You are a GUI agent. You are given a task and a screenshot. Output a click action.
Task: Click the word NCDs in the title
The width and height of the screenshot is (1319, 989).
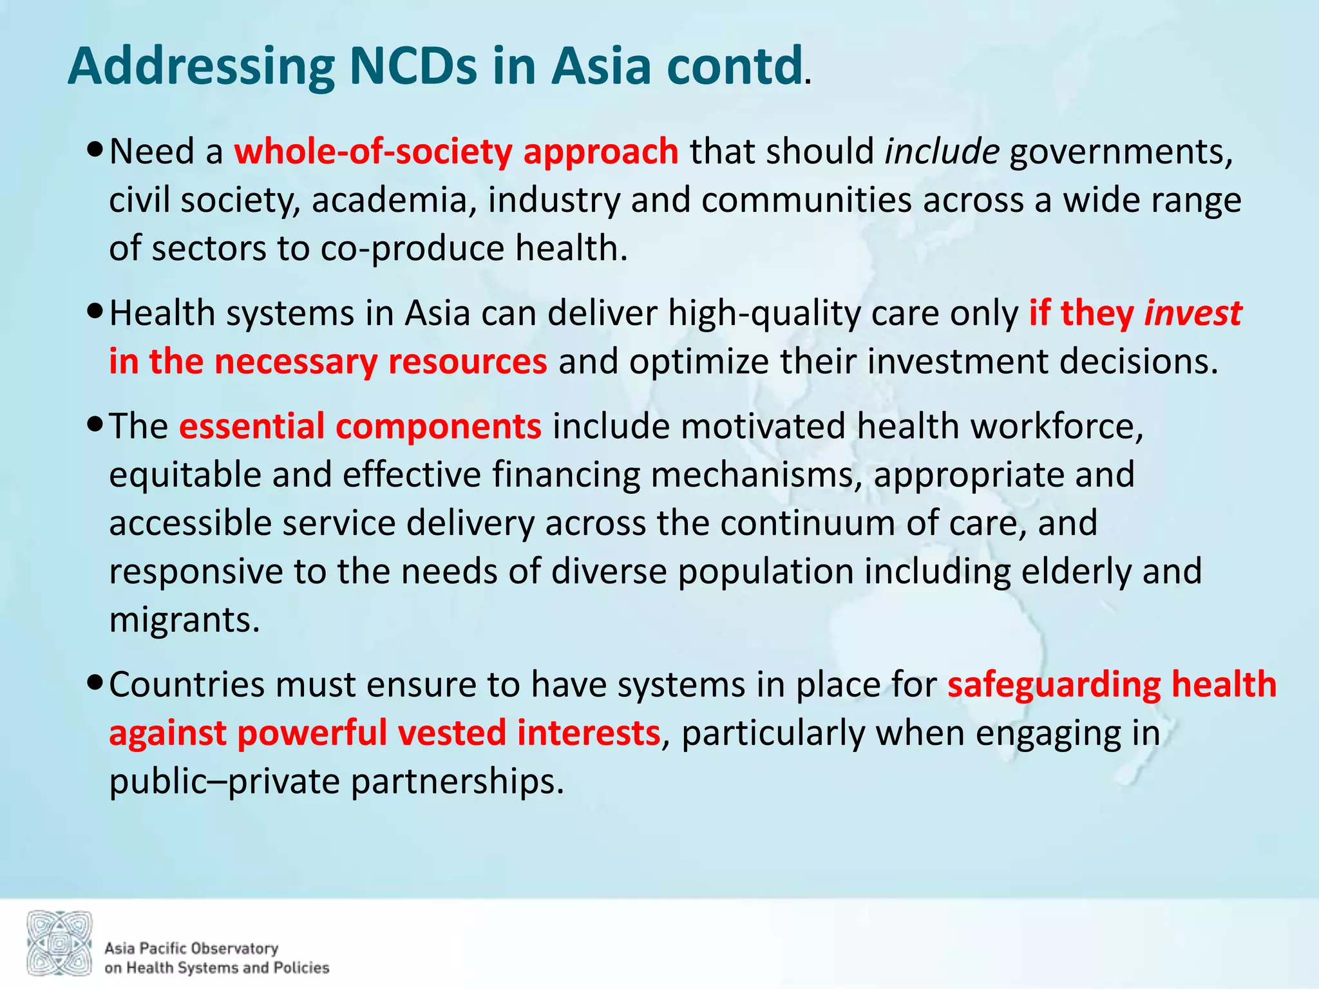(413, 66)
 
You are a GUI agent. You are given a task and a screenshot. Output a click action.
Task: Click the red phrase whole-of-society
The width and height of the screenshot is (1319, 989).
(374, 152)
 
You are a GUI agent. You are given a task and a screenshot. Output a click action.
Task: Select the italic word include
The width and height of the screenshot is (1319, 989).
(942, 152)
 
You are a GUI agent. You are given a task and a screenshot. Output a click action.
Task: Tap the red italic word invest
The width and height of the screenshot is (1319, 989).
(1193, 314)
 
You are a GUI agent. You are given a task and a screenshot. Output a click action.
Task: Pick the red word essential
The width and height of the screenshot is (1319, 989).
(251, 426)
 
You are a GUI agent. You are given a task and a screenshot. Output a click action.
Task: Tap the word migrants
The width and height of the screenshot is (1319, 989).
(184, 620)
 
